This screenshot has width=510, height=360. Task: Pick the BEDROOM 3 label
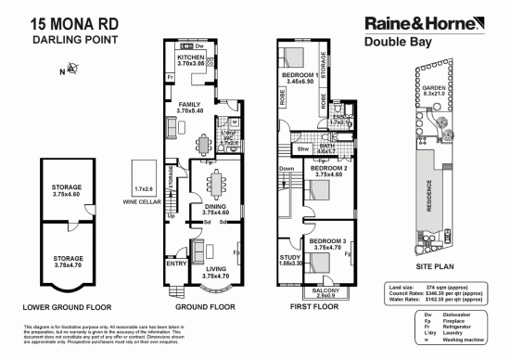coord(329,244)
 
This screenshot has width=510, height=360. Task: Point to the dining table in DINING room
coord(215,184)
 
